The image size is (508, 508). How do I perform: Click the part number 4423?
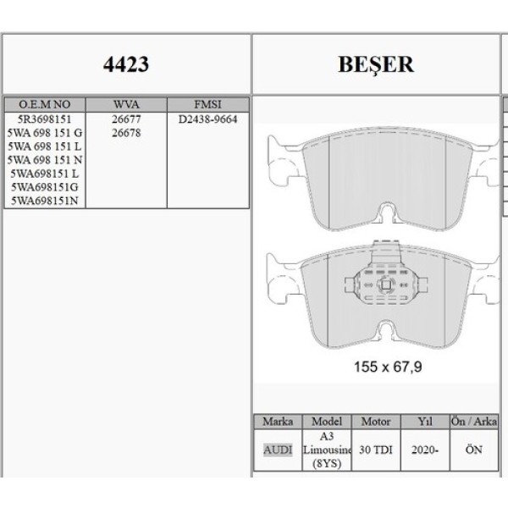(x=125, y=63)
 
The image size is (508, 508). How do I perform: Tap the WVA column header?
(x=125, y=103)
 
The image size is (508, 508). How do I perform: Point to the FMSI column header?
(x=207, y=103)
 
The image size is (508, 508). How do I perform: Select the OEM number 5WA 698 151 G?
(x=44, y=133)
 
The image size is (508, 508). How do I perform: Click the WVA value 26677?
(x=125, y=119)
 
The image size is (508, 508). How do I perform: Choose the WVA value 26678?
(x=125, y=133)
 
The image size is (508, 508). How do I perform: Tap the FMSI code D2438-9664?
(x=207, y=119)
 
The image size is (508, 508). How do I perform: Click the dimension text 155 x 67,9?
(x=387, y=367)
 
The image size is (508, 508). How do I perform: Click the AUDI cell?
(x=278, y=450)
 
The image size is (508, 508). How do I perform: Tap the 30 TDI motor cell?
(x=376, y=450)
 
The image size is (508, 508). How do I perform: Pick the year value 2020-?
(x=424, y=450)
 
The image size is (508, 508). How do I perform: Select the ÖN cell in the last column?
(x=472, y=450)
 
